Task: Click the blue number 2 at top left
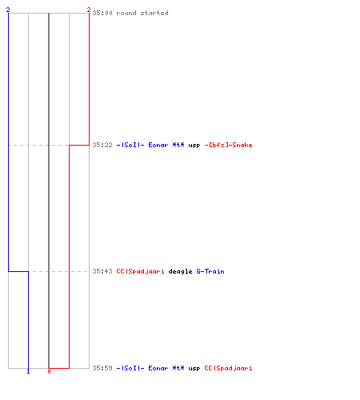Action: [8, 10]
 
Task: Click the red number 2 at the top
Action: [89, 10]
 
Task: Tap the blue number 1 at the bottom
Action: [28, 371]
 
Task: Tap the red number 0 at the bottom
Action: [49, 371]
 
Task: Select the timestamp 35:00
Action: [102, 13]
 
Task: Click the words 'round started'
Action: [142, 13]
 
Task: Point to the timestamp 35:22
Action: [102, 145]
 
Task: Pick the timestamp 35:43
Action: [102, 271]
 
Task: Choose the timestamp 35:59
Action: [102, 368]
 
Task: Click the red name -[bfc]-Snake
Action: [228, 145]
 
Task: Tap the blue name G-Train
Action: [210, 271]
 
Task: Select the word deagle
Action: [180, 272]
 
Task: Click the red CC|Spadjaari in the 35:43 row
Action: [140, 271]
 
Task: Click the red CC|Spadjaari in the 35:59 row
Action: [228, 368]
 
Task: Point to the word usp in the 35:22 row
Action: [194, 146]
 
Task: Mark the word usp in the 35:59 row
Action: [194, 369]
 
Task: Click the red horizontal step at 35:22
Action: [79, 145]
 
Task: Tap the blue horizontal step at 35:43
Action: [18, 271]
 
